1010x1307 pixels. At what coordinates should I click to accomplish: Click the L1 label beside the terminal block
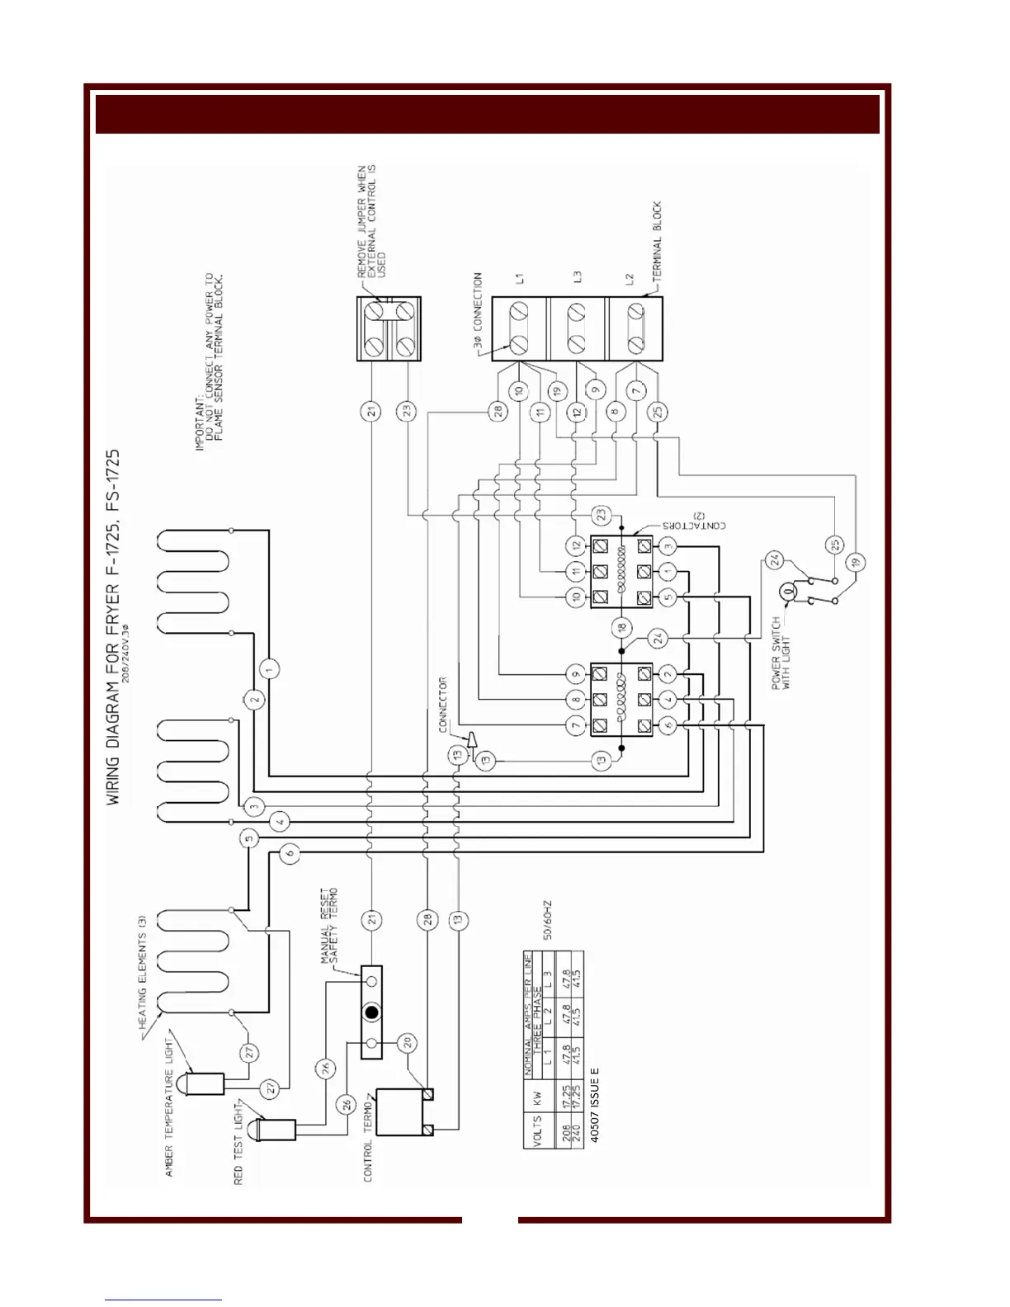521,280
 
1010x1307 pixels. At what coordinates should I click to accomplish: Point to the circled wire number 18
621,628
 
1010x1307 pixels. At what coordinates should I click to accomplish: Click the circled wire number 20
406,1042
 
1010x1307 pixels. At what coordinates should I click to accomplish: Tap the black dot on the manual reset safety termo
371,1012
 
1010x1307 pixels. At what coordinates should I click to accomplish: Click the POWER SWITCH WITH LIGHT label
780,663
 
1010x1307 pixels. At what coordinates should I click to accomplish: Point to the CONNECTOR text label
443,705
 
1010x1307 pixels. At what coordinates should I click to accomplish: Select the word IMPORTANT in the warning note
199,424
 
